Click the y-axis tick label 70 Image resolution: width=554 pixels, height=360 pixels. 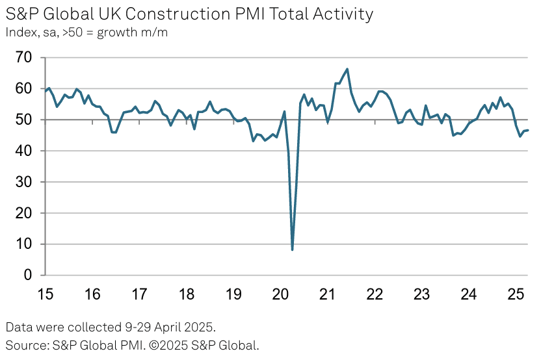click(x=23, y=58)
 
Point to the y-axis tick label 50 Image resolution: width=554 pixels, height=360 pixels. click(x=23, y=120)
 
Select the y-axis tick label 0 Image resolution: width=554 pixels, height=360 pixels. click(x=28, y=276)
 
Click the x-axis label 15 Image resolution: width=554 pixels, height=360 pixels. click(x=45, y=294)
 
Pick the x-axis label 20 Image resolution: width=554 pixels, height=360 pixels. click(x=280, y=294)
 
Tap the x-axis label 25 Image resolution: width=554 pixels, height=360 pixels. click(x=516, y=294)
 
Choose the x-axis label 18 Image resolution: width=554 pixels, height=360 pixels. click(x=186, y=294)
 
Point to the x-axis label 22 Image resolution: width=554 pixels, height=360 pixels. click(x=375, y=294)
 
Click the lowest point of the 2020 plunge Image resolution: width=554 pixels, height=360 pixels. click(x=293, y=250)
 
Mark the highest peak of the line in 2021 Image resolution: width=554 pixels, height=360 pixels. click(x=347, y=69)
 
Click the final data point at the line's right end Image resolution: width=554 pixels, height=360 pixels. click(x=527, y=130)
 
